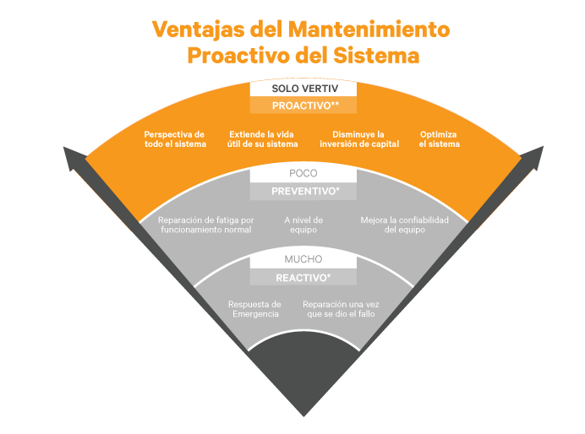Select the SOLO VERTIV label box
click(303, 89)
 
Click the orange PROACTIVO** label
click(303, 106)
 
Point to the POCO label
click(303, 174)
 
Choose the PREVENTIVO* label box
click(303, 191)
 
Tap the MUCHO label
click(303, 259)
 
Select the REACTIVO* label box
click(303, 277)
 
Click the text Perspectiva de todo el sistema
click(175, 139)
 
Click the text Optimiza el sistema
click(440, 139)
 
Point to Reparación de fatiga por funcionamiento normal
click(206, 225)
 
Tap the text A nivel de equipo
click(303, 225)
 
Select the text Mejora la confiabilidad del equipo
click(404, 225)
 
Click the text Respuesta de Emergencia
click(254, 309)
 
